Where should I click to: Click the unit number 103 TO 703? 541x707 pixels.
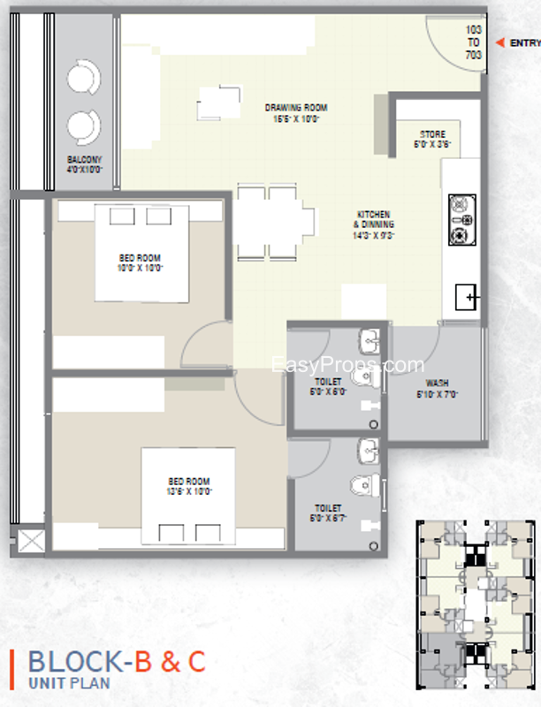click(x=474, y=42)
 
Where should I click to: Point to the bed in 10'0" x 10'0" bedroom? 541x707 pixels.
click(x=141, y=253)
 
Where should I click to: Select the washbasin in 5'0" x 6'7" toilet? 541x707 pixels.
click(x=368, y=452)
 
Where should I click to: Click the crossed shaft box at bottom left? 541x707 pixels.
click(x=30, y=541)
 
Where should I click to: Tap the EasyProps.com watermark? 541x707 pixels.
click(x=347, y=365)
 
